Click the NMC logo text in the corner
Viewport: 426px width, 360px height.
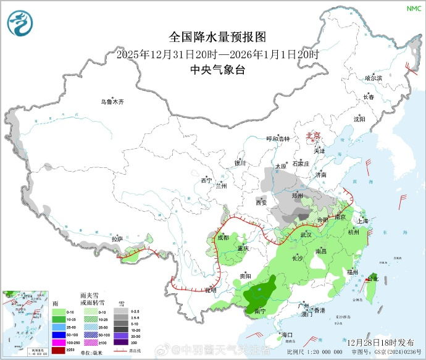pos(412,8)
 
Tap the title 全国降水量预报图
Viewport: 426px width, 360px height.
pos(218,38)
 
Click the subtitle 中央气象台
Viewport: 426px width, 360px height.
pos(218,70)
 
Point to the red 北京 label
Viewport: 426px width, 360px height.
pos(314,136)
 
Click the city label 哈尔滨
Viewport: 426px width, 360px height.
pos(374,78)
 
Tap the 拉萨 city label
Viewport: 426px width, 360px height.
pos(117,238)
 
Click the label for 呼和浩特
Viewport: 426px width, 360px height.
pos(277,139)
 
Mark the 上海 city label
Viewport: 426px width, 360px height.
pos(362,220)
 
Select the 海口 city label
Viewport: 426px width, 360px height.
pos(286,335)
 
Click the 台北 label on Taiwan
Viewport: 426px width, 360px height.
pos(373,279)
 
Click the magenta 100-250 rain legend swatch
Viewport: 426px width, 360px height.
pos(59,341)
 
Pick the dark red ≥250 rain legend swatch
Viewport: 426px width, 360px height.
pos(59,350)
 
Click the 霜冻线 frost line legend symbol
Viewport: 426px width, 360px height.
pos(125,351)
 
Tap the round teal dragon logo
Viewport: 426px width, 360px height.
pos(20,23)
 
